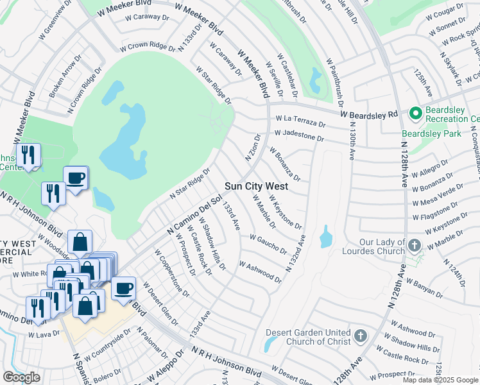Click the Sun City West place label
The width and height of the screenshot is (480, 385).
256,186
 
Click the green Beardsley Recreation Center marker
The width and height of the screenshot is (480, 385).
415,114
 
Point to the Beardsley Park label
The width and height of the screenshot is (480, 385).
427,133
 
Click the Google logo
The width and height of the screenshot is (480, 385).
22,377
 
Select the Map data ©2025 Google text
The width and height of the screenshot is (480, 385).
440,380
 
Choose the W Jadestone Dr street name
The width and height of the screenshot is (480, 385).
299,135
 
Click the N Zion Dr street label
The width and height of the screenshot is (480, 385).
252,148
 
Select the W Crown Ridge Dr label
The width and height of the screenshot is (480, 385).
147,47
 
